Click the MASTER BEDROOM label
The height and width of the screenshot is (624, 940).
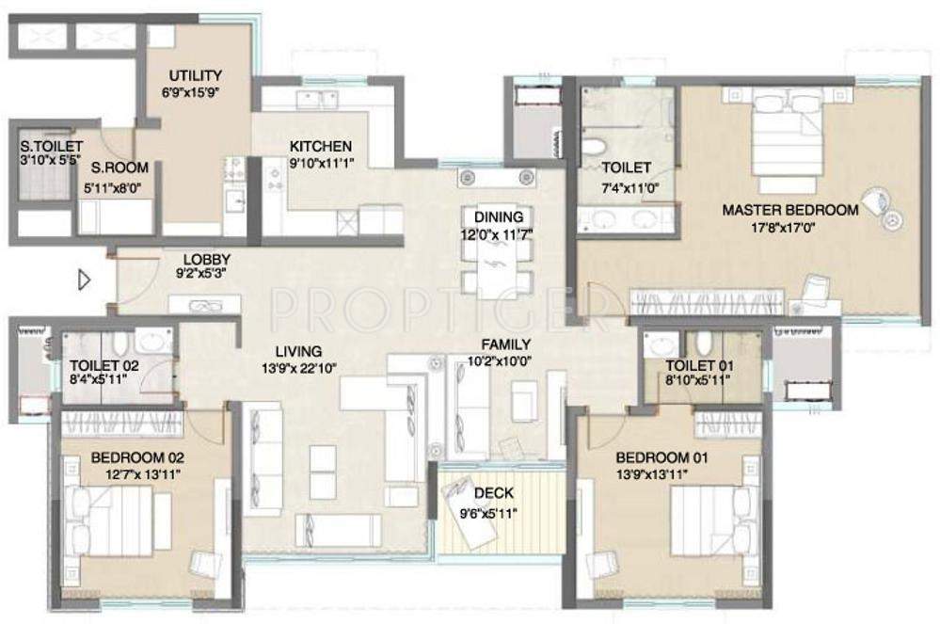pos(790,211)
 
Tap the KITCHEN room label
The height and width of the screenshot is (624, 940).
pos(321,146)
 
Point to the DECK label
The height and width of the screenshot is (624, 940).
pos(493,493)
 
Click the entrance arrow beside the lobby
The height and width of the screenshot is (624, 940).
pos(85,280)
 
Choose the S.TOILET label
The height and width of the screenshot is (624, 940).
pos(51,147)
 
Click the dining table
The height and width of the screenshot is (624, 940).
pos(497,264)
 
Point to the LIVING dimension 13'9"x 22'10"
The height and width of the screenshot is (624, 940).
pos(298,368)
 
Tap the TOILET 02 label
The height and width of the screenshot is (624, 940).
pos(104,366)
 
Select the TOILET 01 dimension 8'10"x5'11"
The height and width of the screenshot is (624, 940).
pos(697,379)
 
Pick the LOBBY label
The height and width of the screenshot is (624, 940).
pos(207,260)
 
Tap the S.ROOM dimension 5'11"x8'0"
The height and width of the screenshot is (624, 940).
pos(112,188)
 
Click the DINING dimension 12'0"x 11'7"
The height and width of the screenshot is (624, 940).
pos(497,234)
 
